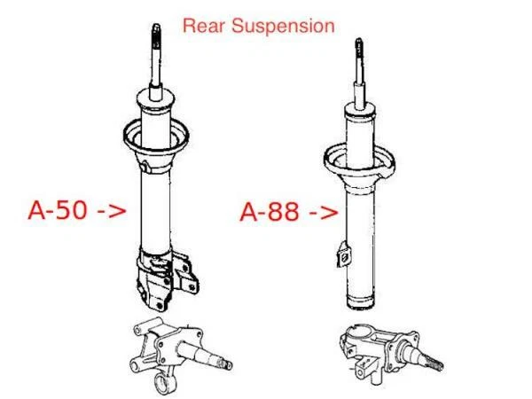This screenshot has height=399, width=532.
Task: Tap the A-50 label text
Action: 61,211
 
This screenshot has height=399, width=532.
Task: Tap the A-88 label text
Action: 273,213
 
